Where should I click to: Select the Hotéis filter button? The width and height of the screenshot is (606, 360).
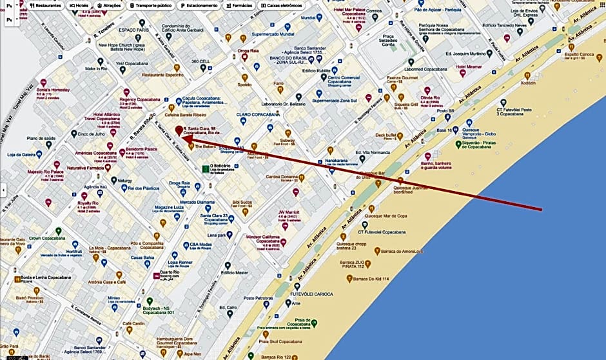(80, 5)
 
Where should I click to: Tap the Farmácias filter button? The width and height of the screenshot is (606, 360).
(237, 5)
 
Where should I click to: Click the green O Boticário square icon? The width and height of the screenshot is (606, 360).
(205, 169)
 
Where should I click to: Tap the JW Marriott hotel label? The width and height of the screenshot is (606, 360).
(290, 212)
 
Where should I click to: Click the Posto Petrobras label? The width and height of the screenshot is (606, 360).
(259, 298)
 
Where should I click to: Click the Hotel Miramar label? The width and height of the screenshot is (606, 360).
(469, 66)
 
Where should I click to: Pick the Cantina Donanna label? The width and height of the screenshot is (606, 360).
(282, 177)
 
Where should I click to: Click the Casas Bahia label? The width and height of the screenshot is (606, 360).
(142, 257)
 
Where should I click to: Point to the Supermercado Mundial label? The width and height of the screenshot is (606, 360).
(273, 34)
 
